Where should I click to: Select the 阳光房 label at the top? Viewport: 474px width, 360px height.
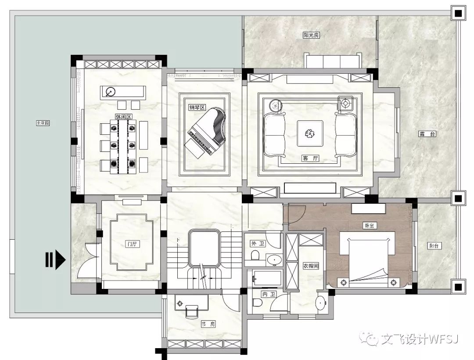point(311,35)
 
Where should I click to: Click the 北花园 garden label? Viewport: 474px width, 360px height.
point(43,123)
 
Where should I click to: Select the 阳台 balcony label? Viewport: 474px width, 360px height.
point(435,246)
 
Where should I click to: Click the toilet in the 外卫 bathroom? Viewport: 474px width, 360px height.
point(255,256)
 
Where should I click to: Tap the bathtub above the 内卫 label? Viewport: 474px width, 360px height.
point(265,278)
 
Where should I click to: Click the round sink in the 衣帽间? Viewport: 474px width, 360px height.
point(321,302)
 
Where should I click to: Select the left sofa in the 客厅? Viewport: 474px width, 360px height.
point(274,133)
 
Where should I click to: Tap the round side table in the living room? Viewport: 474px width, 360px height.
point(275,105)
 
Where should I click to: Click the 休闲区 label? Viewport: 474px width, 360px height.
point(120,117)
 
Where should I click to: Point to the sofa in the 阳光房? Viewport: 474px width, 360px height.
point(333,61)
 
